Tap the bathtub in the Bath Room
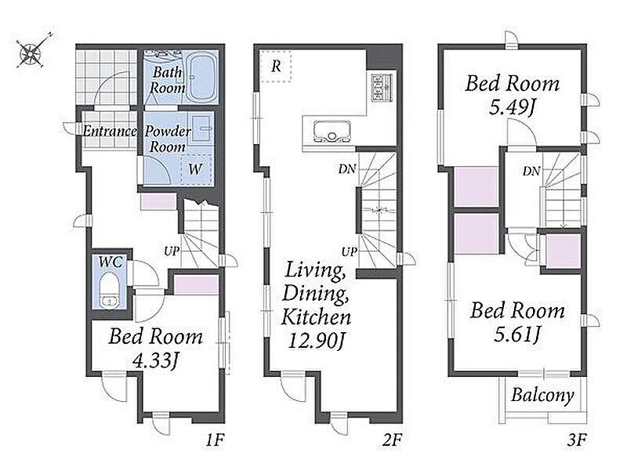202,77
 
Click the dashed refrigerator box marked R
276,66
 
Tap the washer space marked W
195,169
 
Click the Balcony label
542,396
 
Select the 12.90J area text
317,341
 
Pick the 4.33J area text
155,361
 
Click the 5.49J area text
513,107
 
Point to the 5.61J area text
517,334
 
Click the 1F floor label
215,440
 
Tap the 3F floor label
577,440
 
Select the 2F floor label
392,440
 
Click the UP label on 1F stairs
172,251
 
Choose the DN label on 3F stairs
531,172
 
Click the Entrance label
110,131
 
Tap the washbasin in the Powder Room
202,128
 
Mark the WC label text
111,262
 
